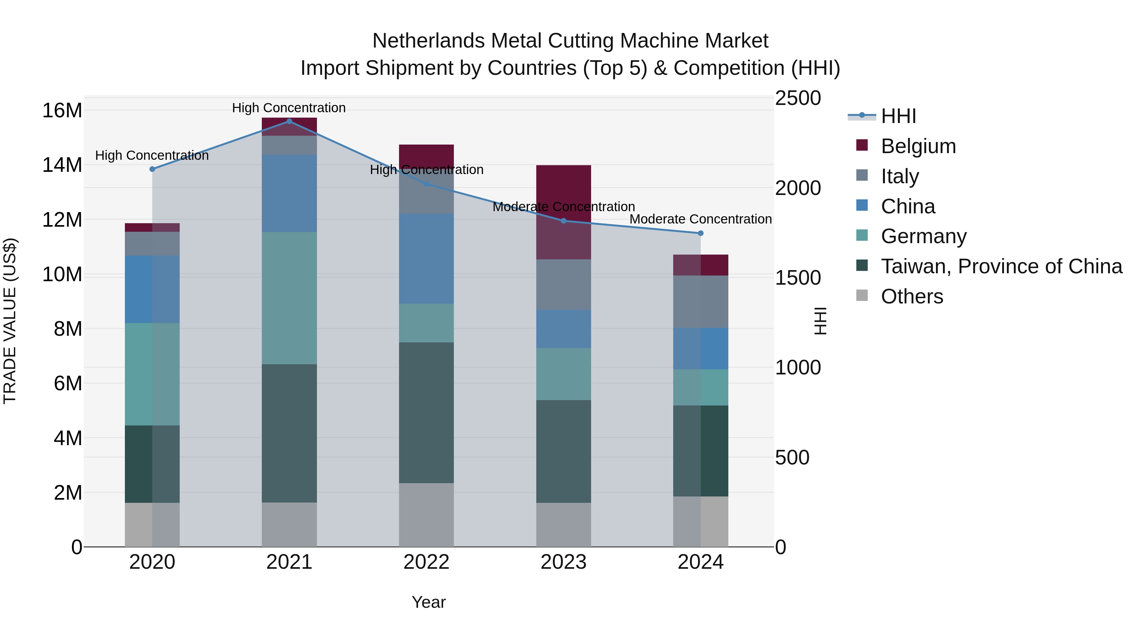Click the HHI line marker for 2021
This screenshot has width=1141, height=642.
click(x=289, y=121)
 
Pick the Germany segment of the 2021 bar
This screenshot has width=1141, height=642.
click(x=289, y=298)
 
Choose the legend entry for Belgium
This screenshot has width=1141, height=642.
click(x=918, y=146)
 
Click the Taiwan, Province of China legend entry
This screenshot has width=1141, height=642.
click(x=1001, y=266)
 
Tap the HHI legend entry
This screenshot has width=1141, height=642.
click(x=898, y=116)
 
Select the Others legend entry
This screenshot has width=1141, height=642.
click(x=912, y=296)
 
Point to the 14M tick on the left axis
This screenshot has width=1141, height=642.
click(x=62, y=165)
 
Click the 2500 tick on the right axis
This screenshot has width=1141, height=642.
click(x=798, y=98)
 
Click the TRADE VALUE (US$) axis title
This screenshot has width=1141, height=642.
click(x=10, y=321)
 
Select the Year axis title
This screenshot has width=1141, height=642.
click(x=428, y=602)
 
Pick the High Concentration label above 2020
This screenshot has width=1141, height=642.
click(x=152, y=156)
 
